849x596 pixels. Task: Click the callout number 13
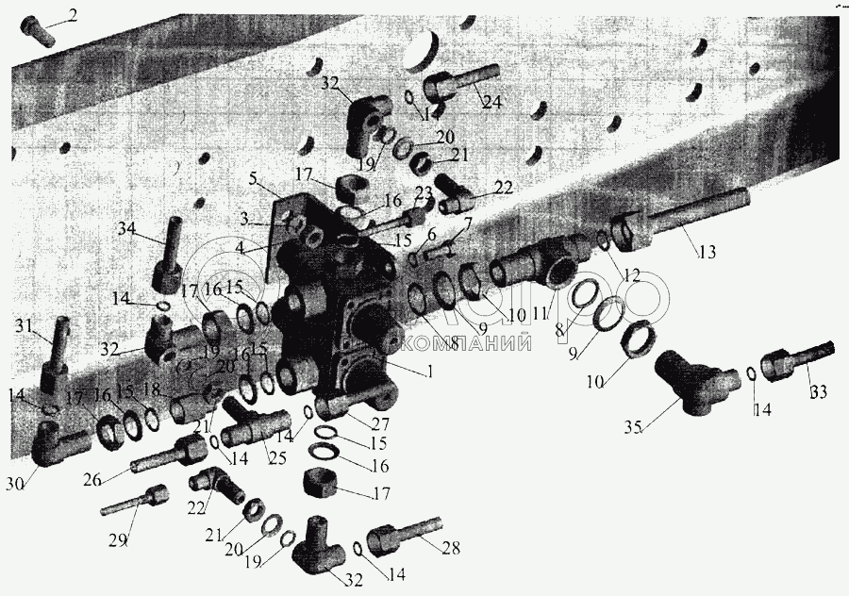tap(708, 252)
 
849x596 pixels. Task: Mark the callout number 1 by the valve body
tap(429, 371)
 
